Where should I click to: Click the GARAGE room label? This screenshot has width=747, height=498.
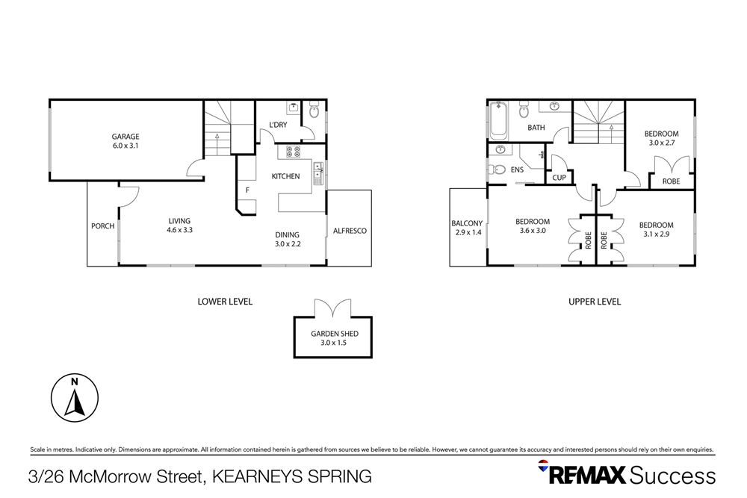click(x=125, y=137)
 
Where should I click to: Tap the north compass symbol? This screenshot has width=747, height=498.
click(x=74, y=396)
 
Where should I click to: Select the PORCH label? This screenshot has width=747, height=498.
click(x=102, y=226)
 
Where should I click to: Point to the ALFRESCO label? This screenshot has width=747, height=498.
click(x=350, y=231)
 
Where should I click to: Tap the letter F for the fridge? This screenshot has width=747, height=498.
click(x=247, y=190)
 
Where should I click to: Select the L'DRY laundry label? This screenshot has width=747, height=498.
click(x=269, y=125)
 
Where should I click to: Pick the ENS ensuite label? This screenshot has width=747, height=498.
click(x=517, y=169)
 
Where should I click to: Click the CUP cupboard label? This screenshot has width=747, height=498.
click(x=559, y=178)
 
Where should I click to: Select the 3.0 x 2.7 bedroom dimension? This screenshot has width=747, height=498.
click(x=661, y=143)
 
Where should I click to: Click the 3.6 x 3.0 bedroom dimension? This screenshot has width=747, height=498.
click(x=533, y=231)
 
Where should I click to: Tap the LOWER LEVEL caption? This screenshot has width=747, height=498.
click(x=225, y=302)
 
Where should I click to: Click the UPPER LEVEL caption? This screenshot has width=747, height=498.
click(x=595, y=302)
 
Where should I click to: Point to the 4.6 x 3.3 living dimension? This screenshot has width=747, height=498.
click(x=179, y=230)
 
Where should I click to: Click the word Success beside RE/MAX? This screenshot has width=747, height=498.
click(x=673, y=475)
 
